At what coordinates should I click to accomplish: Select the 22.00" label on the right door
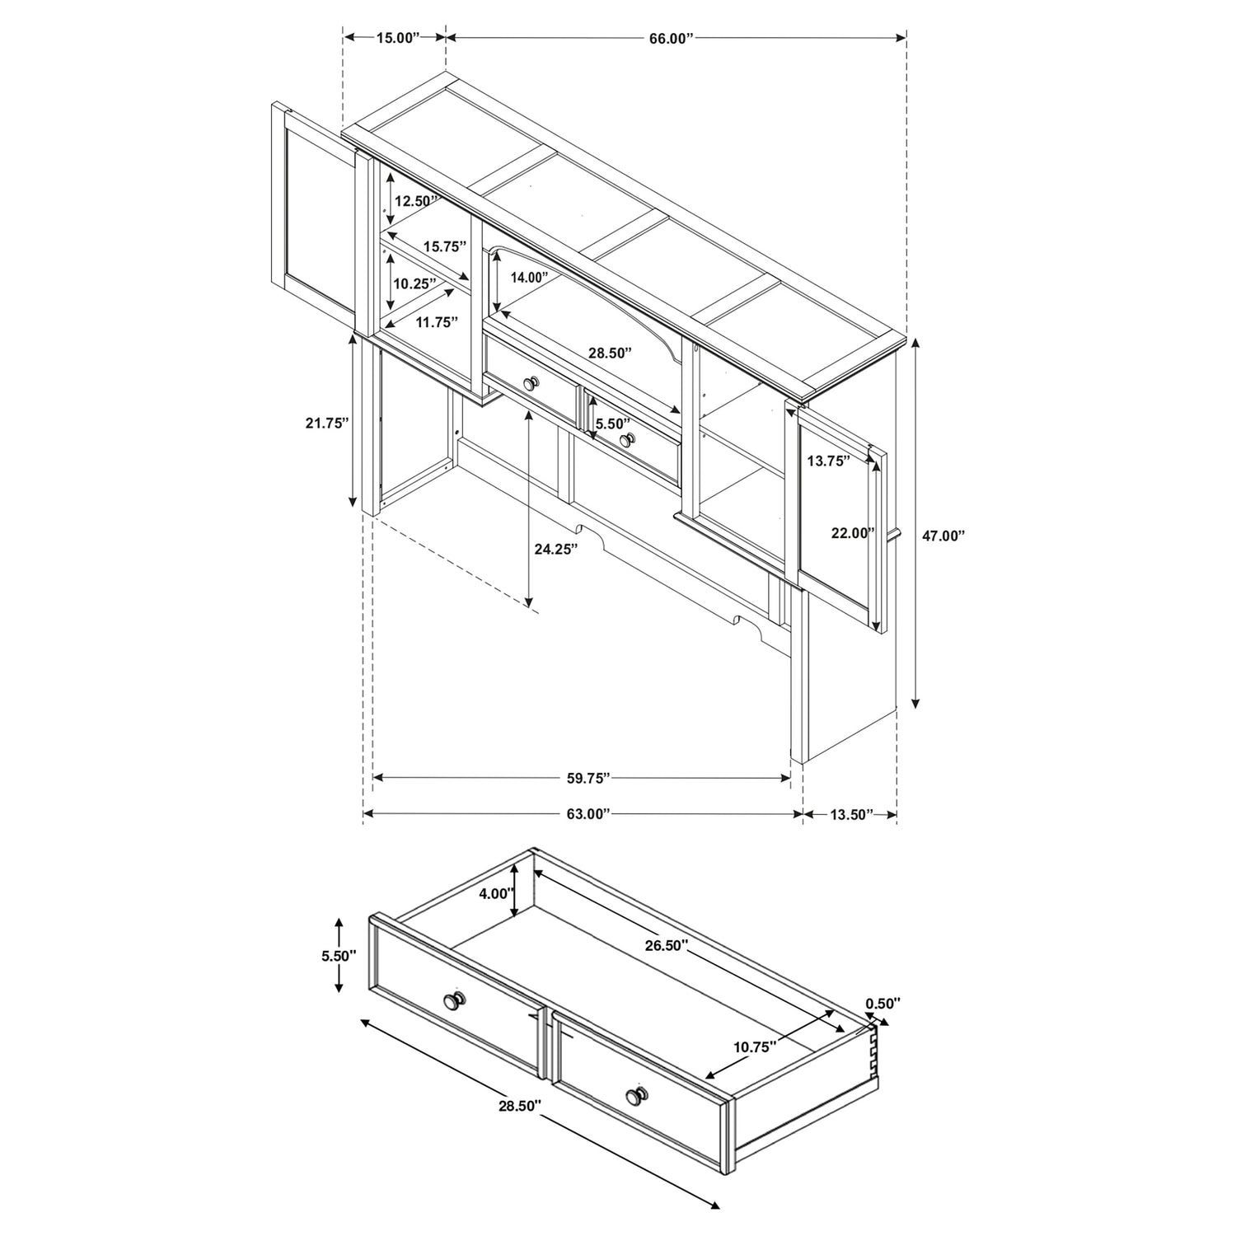click(852, 533)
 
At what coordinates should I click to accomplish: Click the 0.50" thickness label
click(883, 1003)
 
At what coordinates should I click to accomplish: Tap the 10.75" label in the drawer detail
click(756, 1047)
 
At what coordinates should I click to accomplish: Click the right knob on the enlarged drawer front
click(635, 1095)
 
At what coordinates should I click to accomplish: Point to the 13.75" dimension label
click(828, 461)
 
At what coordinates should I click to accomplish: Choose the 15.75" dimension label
click(445, 246)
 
